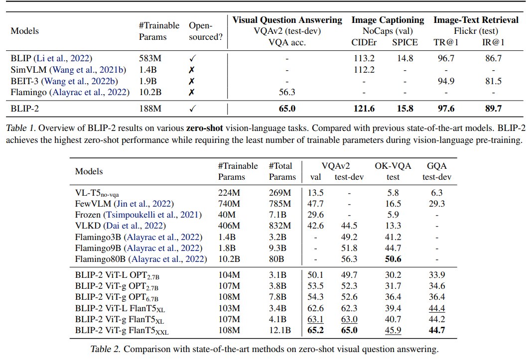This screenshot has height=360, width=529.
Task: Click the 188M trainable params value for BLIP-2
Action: (150, 109)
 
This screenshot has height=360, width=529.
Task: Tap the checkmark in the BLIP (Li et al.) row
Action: (192, 59)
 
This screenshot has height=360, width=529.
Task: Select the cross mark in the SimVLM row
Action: (192, 70)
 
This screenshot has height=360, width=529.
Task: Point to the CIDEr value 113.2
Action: (364, 58)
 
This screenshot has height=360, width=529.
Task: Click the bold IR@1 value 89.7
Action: (493, 109)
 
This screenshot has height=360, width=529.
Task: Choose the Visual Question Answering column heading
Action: (287, 20)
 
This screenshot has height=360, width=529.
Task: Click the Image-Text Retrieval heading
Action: (476, 20)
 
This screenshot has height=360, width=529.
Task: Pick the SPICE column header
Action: (405, 42)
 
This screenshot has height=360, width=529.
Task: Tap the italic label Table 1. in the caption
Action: (20, 128)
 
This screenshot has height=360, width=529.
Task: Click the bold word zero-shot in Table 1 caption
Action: (204, 128)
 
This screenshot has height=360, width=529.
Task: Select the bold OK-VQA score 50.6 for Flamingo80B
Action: (393, 259)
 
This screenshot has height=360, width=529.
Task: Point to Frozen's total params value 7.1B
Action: (277, 215)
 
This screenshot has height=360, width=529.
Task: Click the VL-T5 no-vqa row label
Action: (97, 193)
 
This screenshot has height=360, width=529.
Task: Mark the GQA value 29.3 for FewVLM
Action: (437, 204)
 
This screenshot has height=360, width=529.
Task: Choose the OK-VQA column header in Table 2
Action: (393, 166)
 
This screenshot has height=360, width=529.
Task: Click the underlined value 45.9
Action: (393, 330)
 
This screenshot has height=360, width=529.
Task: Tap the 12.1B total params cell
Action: (280, 330)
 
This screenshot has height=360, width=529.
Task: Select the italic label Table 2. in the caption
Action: (106, 349)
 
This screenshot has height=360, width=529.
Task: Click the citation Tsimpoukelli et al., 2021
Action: (152, 215)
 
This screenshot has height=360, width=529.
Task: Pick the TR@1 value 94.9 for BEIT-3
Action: (446, 81)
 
